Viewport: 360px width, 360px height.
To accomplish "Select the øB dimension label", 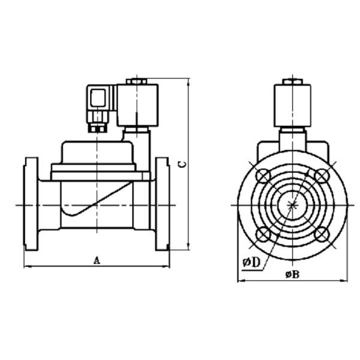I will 292,274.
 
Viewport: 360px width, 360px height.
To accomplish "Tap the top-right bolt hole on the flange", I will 322,175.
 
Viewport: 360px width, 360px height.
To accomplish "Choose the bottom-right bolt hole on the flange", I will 322,233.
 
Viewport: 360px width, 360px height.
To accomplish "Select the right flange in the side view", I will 162,205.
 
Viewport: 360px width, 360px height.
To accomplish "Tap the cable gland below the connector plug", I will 98,124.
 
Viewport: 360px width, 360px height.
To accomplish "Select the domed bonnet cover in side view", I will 98,154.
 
